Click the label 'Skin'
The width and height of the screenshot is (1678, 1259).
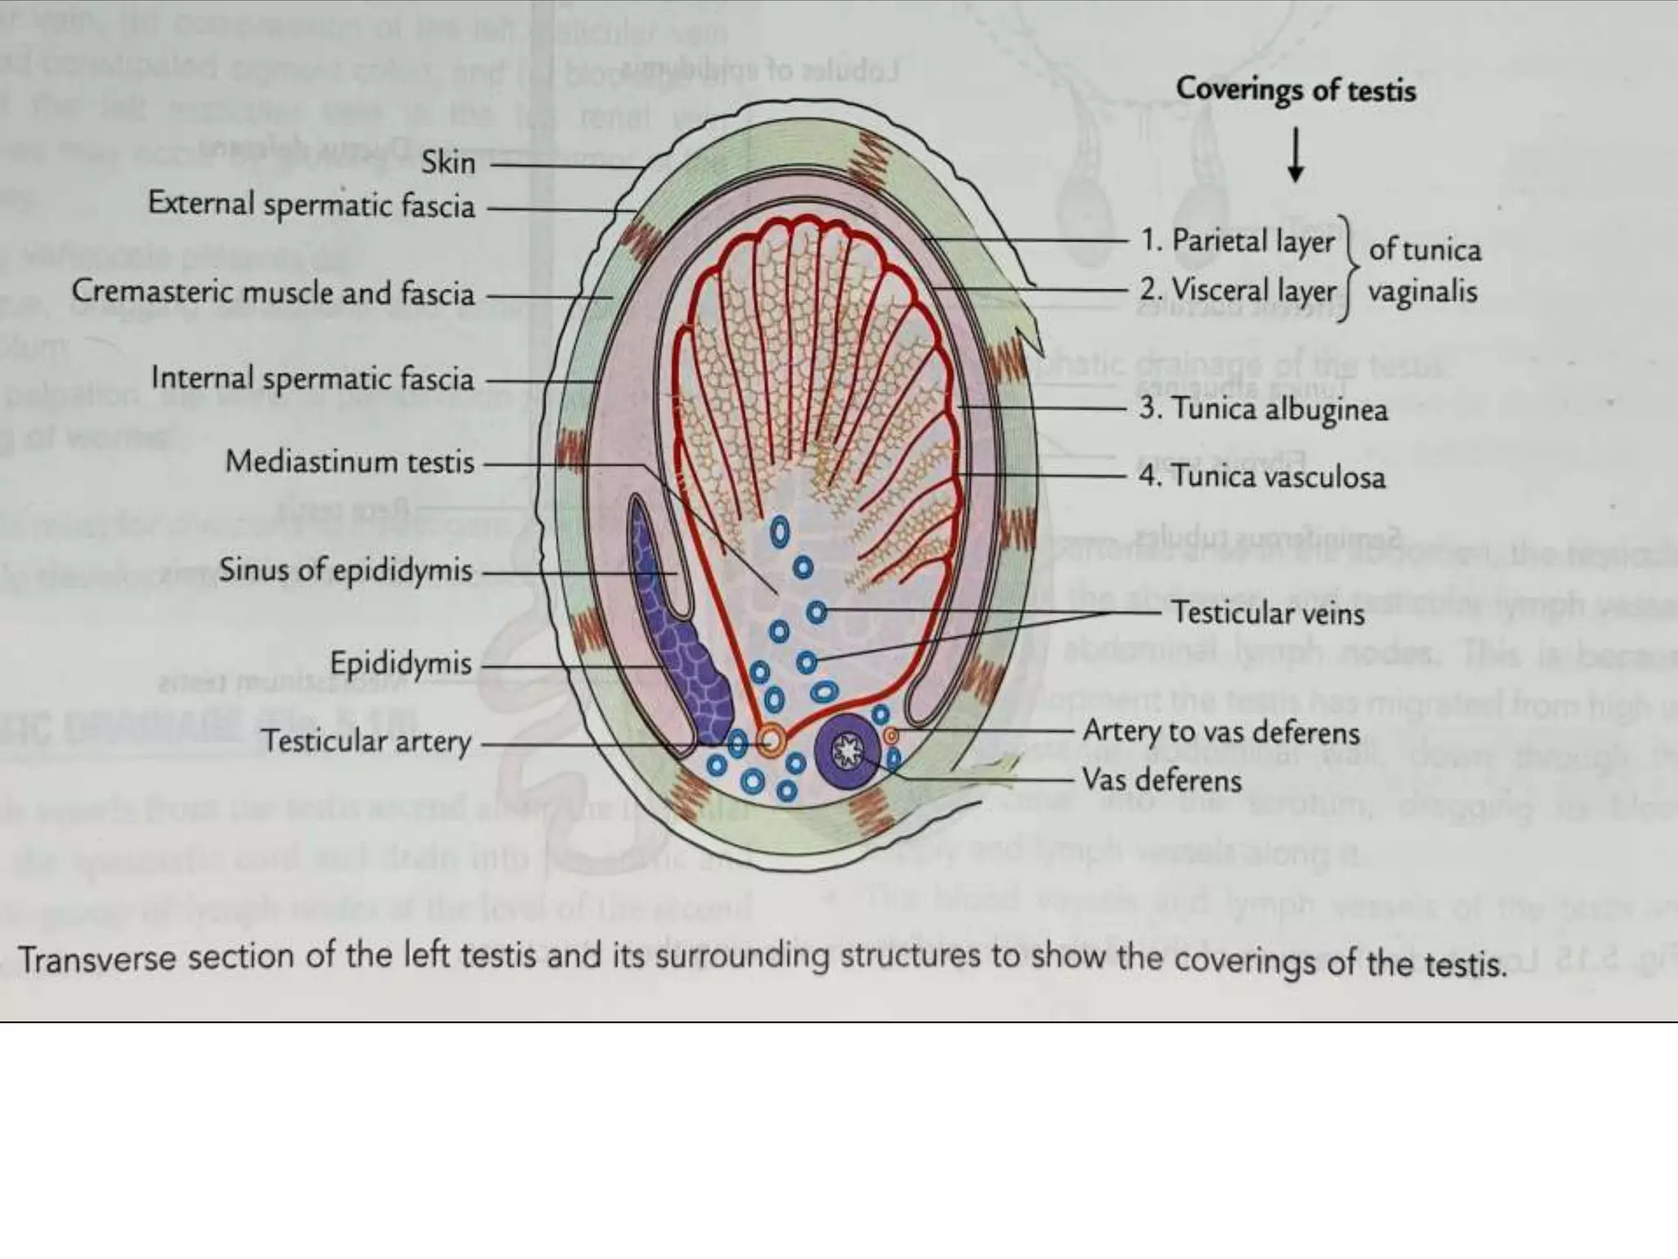(448, 162)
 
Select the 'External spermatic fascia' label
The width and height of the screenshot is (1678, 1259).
(311, 204)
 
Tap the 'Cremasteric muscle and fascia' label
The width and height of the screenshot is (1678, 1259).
(273, 293)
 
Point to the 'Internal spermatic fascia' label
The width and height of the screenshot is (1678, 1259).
(312, 379)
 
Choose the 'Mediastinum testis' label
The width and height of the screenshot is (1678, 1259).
(350, 461)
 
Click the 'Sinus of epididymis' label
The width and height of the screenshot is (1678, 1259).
(345, 570)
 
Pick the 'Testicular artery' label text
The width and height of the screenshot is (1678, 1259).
(366, 741)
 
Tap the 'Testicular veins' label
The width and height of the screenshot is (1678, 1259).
(1268, 612)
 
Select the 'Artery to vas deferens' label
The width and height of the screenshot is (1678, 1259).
(1221, 731)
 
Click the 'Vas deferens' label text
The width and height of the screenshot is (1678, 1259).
(1161, 779)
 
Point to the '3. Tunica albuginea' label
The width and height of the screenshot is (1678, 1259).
(1263, 408)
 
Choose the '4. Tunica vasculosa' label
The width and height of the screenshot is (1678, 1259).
(1262, 476)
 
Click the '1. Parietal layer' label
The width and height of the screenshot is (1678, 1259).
(1237, 240)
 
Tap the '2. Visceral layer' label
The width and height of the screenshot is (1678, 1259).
(1237, 289)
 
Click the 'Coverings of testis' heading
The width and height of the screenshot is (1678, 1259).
(1295, 89)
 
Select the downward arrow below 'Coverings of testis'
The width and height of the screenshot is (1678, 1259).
(1295, 157)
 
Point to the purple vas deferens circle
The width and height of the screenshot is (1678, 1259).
(848, 751)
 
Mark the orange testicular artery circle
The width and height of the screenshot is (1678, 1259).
(770, 742)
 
